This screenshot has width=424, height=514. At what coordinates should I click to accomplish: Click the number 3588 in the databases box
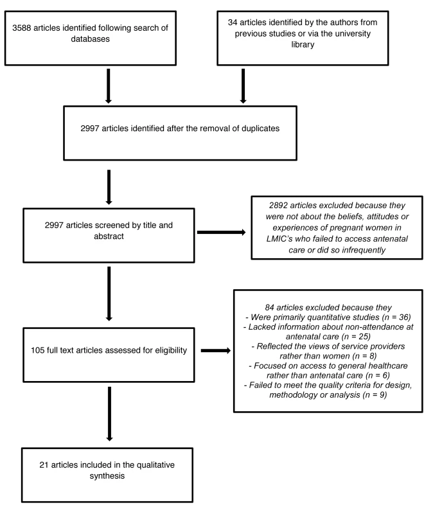22,28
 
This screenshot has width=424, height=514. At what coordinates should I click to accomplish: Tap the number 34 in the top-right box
233,22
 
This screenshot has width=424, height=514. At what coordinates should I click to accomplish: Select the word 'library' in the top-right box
303,44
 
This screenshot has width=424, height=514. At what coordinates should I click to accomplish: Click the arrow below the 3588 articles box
109,86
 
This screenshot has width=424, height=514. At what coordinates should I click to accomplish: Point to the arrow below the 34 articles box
243,86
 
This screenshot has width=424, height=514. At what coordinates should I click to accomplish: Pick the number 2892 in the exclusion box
278,206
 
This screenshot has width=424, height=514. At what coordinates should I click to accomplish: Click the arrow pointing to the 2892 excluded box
222,232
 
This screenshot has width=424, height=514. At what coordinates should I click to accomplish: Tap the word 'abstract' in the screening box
109,236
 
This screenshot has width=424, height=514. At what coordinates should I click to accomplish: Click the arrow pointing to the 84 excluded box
216,350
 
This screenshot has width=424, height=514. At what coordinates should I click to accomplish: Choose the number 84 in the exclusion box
269,308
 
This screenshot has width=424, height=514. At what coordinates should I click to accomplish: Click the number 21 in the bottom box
44,465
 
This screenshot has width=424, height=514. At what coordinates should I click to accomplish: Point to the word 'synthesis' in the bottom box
107,476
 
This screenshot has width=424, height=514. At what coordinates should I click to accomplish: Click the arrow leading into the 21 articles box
109,414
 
